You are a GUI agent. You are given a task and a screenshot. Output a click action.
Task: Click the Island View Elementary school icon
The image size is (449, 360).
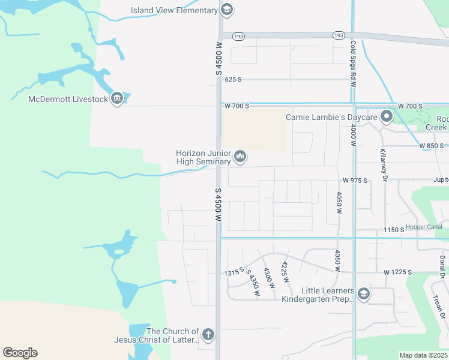tap(226, 10)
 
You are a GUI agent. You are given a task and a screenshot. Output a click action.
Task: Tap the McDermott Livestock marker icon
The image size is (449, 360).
tap(117, 98)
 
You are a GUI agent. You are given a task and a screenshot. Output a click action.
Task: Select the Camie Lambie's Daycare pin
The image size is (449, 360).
tap(387, 116)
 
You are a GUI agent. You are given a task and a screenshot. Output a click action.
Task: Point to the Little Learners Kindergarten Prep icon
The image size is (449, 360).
tap(363, 294)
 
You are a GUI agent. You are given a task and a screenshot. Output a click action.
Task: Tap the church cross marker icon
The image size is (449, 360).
tap(208, 335)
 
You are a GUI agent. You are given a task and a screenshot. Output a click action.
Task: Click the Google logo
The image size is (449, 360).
tap(20, 353)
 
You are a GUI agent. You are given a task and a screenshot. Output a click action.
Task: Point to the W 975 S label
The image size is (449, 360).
tap(354, 180)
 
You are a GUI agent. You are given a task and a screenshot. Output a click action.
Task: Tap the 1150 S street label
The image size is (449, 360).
tap(394, 230)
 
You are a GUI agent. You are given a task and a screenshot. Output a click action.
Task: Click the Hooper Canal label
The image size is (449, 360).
tap(424, 227)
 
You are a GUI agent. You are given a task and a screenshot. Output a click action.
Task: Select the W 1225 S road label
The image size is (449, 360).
tap(397, 272)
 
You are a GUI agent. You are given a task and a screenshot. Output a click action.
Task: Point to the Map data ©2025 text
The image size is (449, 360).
tap(423, 355)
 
